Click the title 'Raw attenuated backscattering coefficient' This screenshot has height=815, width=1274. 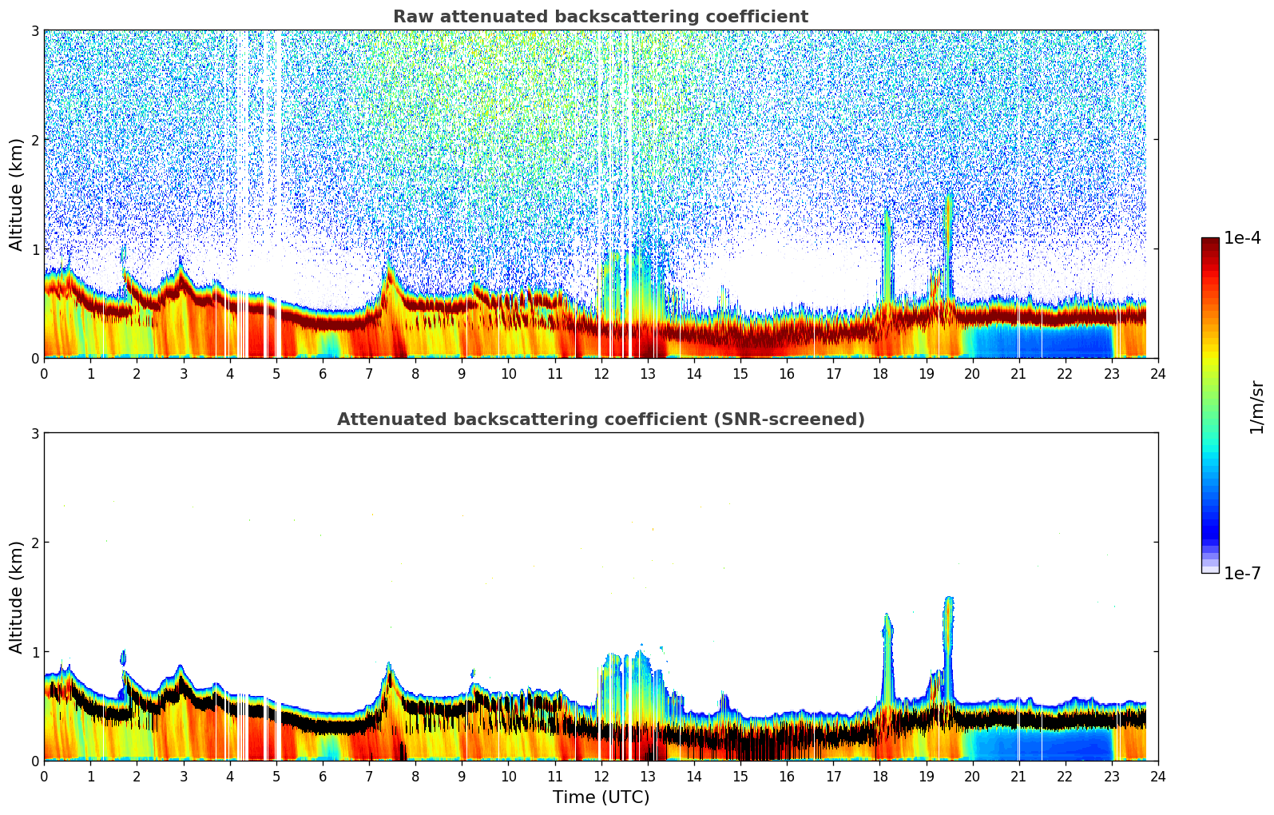tap(600, 17)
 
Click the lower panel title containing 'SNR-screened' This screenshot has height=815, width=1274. tap(600, 419)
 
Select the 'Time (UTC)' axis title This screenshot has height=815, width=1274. tap(601, 797)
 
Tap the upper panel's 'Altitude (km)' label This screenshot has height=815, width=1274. tap(17, 194)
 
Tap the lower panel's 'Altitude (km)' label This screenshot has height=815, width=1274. tap(17, 597)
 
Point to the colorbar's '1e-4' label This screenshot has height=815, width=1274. tap(1242, 238)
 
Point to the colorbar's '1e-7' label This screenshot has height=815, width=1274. tap(1242, 573)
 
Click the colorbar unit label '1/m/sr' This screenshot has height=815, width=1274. tap(1256, 407)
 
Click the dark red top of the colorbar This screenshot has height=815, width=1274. tap(1210, 242)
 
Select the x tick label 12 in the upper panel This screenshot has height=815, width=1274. tap(601, 373)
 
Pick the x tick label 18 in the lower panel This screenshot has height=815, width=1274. tap(879, 776)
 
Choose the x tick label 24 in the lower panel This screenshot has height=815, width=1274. tap(1157, 776)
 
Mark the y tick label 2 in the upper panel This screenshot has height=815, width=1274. tap(34, 140)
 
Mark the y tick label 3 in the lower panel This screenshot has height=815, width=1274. tap(34, 433)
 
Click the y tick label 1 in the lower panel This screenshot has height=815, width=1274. tap(34, 652)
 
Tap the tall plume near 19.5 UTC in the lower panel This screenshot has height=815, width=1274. tap(949, 631)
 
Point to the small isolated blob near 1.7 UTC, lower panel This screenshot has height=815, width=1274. tap(123, 657)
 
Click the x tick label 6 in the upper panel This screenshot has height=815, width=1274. tap(323, 373)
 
